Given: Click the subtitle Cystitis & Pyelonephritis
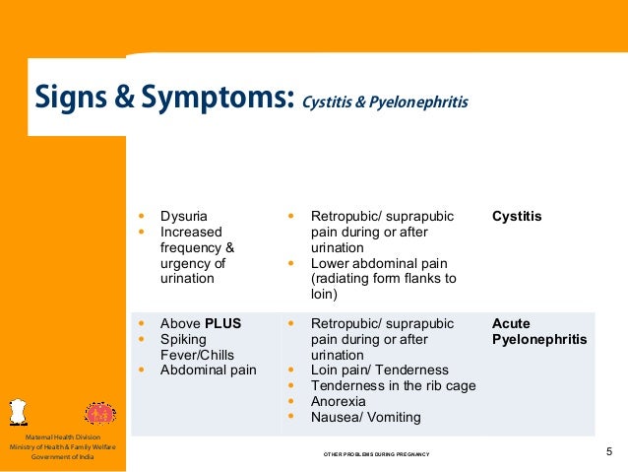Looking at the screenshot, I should (386, 102).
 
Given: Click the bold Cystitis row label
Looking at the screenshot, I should (517, 216).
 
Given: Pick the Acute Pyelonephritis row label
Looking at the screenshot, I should (538, 331).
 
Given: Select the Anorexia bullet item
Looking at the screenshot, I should (339, 402).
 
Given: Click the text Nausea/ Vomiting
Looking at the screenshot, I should (365, 418).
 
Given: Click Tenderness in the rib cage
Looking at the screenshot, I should (393, 386).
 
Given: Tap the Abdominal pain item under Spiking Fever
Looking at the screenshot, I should (208, 371).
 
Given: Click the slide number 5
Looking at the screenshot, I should (610, 452).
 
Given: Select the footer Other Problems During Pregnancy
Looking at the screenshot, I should (377, 454).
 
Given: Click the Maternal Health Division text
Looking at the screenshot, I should (63, 437).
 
